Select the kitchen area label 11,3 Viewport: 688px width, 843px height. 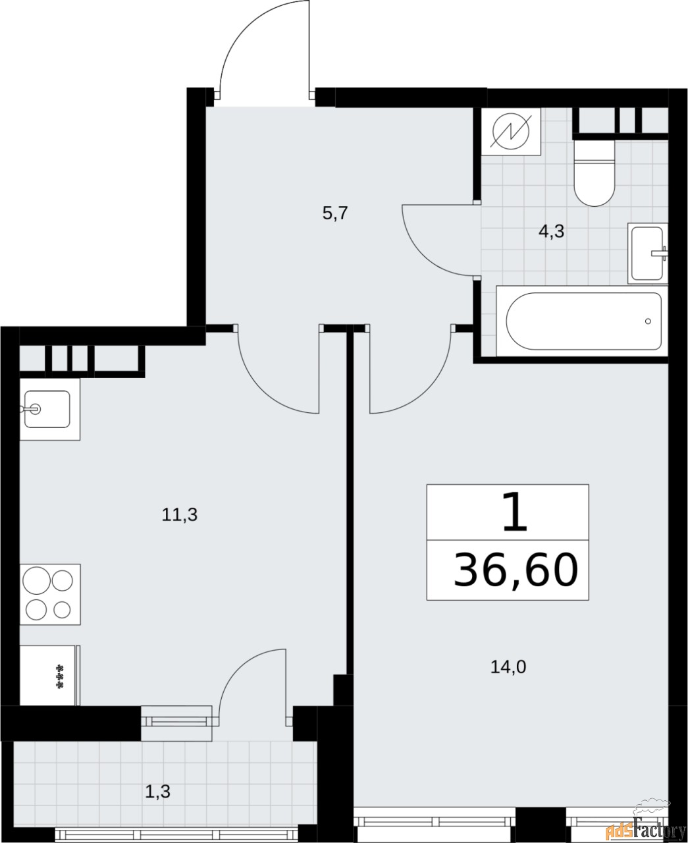click(180, 515)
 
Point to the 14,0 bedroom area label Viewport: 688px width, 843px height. click(508, 667)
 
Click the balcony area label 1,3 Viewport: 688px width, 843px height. click(157, 791)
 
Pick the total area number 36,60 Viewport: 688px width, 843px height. click(516, 570)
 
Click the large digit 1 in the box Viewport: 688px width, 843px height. click(514, 514)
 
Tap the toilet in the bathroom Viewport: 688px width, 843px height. click(594, 173)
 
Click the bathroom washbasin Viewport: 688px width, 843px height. click(648, 254)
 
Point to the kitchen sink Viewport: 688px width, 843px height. click(47, 409)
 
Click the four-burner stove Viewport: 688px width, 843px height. click(49, 593)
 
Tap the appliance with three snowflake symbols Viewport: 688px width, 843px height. click(49, 676)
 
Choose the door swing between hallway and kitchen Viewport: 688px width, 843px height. click(277, 375)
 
